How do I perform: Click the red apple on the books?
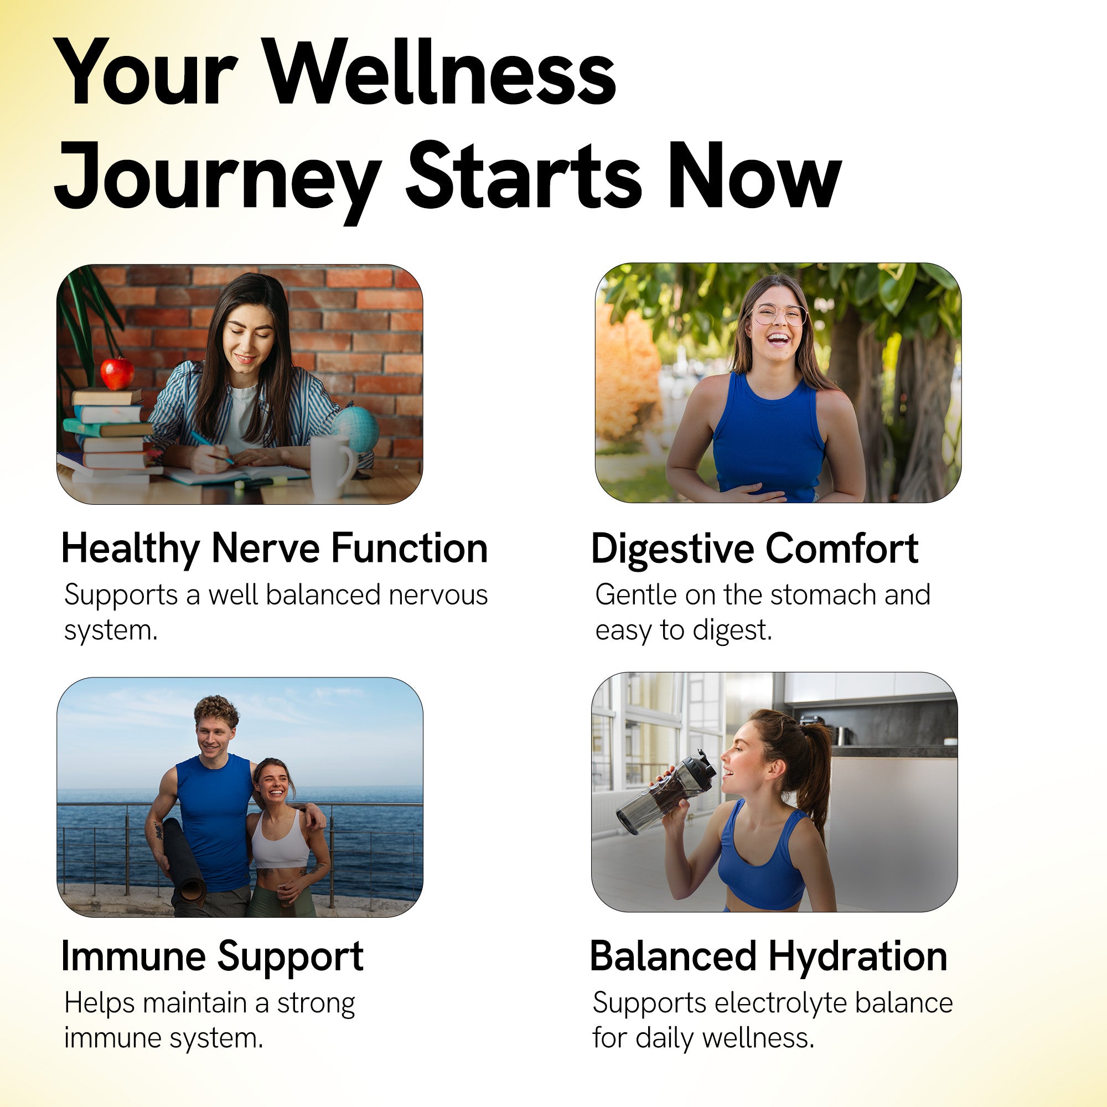point(117,373)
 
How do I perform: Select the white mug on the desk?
point(332,467)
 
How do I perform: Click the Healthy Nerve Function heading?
point(274,549)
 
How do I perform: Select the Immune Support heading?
point(212,958)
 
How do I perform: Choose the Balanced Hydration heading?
point(768,956)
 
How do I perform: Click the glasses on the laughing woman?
point(779,314)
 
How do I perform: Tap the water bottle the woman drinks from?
point(666,792)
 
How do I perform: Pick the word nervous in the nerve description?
point(438,596)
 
